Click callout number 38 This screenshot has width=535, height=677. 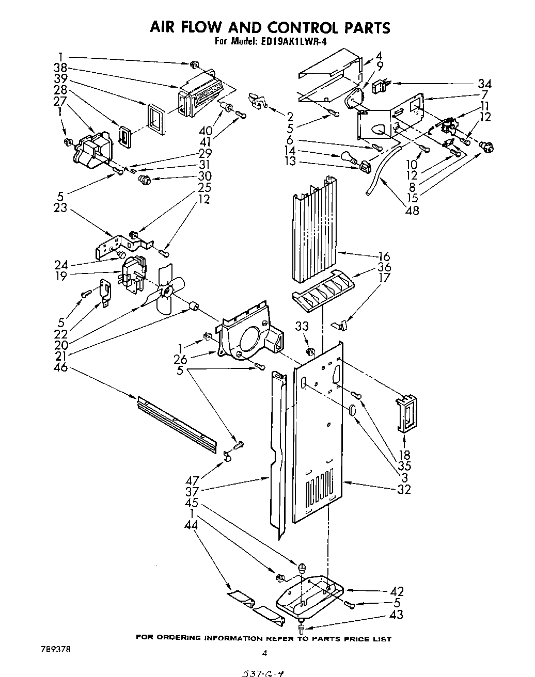(x=61, y=67)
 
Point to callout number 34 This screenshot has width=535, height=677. (x=484, y=84)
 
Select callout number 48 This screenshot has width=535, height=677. (x=412, y=210)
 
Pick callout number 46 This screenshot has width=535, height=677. (x=61, y=368)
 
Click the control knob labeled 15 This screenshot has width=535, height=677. (x=486, y=148)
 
